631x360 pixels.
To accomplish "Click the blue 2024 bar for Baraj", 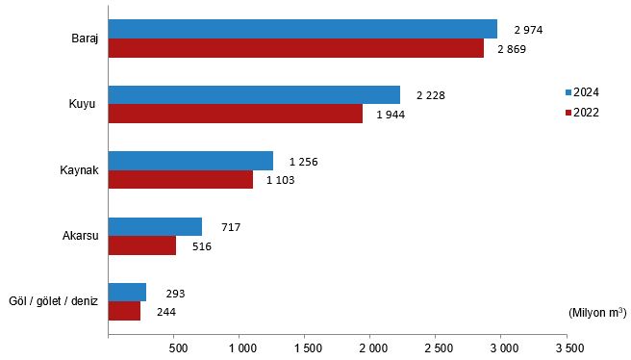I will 302,29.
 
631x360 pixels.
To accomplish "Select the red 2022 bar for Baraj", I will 295,48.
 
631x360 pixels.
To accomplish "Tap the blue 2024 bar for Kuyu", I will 254,94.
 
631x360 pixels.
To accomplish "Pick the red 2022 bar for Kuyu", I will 236,114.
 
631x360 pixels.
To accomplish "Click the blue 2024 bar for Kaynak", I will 190,161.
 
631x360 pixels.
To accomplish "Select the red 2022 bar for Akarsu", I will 142,245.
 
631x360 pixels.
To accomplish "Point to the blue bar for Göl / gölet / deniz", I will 127,292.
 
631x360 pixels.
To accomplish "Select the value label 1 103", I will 281,180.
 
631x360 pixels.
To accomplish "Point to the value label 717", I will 230,227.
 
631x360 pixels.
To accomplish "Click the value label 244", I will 165,312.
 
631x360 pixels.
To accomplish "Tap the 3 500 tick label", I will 568,346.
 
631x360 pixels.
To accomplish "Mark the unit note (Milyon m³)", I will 596,312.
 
